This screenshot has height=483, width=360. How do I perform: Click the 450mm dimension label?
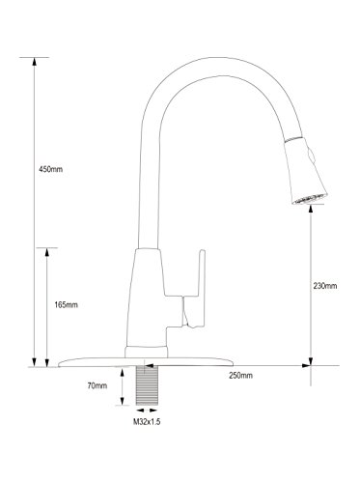click(x=50, y=169)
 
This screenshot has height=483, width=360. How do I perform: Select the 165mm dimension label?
click(x=66, y=305)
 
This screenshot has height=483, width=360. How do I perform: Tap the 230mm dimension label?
click(x=325, y=286)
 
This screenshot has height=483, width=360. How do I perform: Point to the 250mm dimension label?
click(x=240, y=376)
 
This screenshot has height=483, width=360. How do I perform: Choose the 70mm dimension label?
click(x=97, y=385)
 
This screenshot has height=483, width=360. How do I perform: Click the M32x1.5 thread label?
click(x=147, y=422)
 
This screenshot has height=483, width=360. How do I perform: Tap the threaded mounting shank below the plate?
click(x=147, y=385)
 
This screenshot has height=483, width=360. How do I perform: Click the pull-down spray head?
click(x=306, y=171)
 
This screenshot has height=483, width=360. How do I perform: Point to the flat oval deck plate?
click(x=146, y=362)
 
